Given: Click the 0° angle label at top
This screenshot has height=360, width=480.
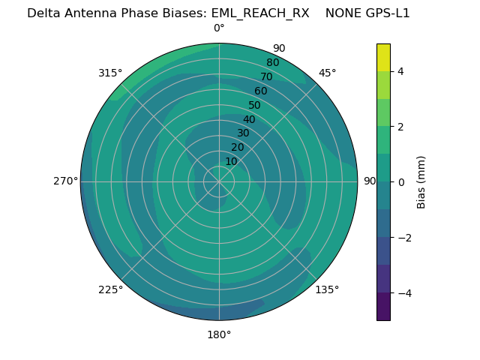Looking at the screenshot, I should pyautogui.click(x=219, y=28).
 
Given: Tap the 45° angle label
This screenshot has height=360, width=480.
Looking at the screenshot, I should pyautogui.click(x=327, y=73).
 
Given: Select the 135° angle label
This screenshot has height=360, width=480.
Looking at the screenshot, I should pyautogui.click(x=327, y=289).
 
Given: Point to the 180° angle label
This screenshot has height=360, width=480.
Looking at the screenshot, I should pyautogui.click(x=219, y=334).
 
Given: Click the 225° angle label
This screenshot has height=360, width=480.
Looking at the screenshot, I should pyautogui.click(x=110, y=289).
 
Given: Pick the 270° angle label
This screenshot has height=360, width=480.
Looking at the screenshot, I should pyautogui.click(x=65, y=181).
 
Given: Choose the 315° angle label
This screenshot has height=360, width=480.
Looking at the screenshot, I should pyautogui.click(x=110, y=73).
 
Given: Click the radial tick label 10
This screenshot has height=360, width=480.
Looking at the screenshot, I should pyautogui.click(x=231, y=161).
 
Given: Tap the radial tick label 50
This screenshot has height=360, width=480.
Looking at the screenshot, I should pyautogui.click(x=255, y=106).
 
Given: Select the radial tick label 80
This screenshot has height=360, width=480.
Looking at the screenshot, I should pyautogui.click(x=272, y=63).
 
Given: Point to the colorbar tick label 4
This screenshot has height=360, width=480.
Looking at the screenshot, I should pyautogui.click(x=400, y=71).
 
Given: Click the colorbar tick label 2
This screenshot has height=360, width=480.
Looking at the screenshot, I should pyautogui.click(x=400, y=127).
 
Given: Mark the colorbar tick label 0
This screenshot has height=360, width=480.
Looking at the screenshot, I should pyautogui.click(x=400, y=182).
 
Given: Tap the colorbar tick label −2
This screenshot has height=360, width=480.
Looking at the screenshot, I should pyautogui.click(x=403, y=238).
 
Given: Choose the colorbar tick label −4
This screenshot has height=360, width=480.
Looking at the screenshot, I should pyautogui.click(x=403, y=293).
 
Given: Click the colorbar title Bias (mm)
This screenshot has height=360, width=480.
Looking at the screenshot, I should pyautogui.click(x=421, y=181).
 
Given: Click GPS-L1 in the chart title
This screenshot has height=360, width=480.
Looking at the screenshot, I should pyautogui.click(x=385, y=13).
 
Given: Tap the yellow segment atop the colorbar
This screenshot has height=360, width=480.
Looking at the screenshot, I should pyautogui.click(x=383, y=57).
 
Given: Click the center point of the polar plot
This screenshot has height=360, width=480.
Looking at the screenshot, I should pyautogui.click(x=219, y=181).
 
